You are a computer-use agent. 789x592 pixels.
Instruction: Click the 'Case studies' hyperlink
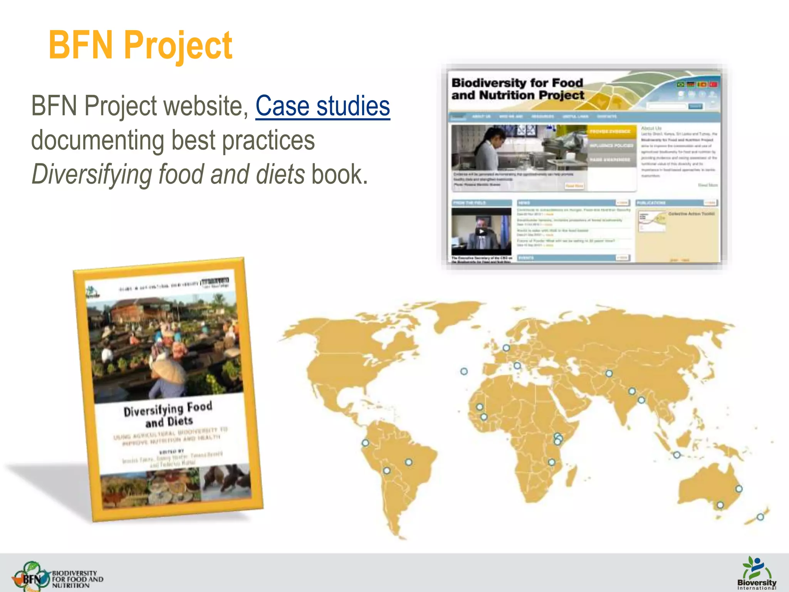[322, 106]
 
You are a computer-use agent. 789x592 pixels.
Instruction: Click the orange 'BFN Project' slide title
[140, 45]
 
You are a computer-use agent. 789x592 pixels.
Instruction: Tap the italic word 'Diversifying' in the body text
[92, 175]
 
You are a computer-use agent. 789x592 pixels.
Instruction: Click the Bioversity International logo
[757, 573]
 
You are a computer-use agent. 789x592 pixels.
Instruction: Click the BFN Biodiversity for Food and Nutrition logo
[58, 576]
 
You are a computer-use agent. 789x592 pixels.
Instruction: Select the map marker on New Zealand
[760, 517]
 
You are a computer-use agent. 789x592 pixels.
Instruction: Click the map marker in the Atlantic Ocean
[464, 371]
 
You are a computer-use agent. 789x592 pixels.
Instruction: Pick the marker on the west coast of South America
[365, 443]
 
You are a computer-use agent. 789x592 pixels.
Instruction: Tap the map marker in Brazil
[409, 462]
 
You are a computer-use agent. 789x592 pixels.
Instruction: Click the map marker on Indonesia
[677, 455]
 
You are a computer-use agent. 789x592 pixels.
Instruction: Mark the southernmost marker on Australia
[720, 505]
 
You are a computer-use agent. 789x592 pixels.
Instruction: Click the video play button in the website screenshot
[481, 232]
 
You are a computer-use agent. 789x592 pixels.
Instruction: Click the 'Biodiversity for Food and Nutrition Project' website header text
[517, 89]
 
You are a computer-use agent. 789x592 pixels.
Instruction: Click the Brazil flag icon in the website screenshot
[681, 84]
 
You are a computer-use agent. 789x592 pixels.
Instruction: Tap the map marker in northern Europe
[506, 348]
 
